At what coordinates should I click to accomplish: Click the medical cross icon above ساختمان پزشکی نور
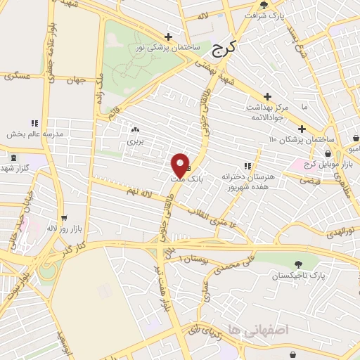click(x=168, y=37)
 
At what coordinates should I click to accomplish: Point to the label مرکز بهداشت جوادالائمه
click(x=269, y=112)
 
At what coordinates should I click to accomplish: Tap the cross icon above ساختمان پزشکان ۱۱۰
click(x=302, y=129)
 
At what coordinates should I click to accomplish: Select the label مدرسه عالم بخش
click(x=36, y=134)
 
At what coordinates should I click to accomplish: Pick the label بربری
click(x=134, y=141)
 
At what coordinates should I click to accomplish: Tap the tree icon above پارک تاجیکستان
click(x=300, y=264)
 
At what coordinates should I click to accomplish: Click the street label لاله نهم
click(x=140, y=191)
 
